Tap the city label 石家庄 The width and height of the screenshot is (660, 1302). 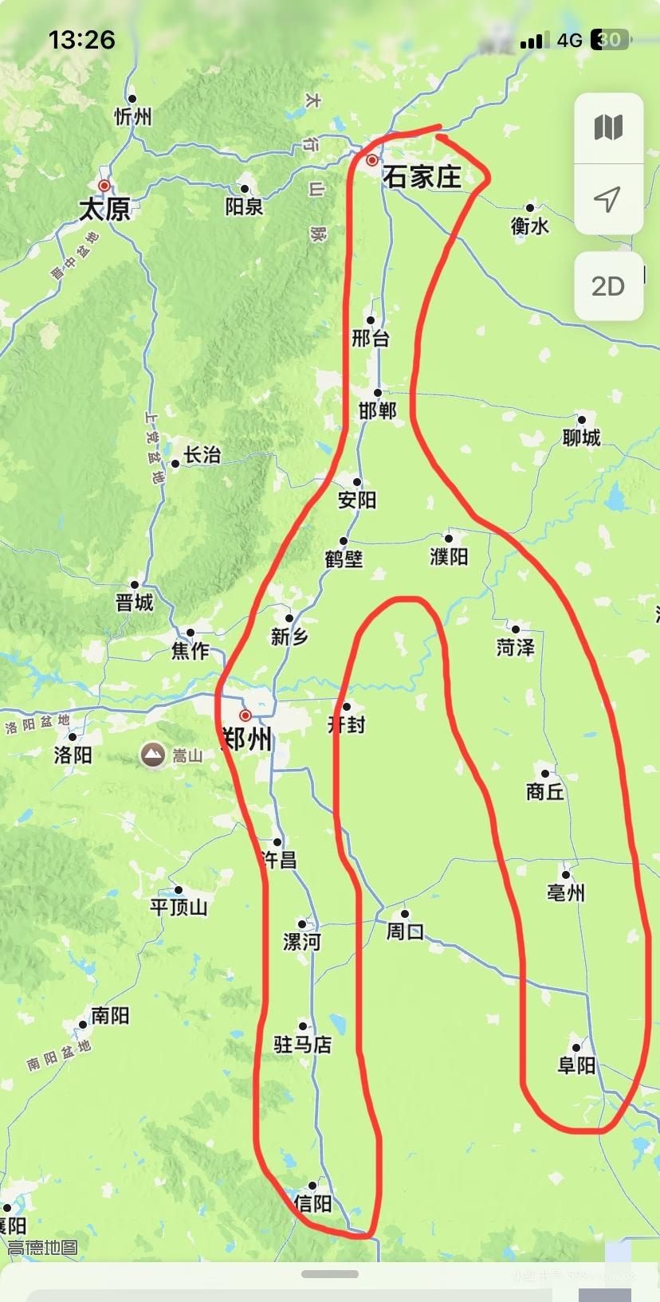tap(422, 177)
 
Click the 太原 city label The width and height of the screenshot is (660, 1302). tap(104, 209)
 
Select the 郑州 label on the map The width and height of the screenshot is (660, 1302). tap(247, 739)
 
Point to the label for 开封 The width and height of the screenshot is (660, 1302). tap(347, 724)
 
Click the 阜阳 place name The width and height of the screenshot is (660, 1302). tap(576, 1065)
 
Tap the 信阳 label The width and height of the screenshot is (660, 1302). tap(312, 1203)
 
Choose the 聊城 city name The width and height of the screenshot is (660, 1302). tap(581, 437)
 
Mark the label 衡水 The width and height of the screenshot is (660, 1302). tap(530, 226)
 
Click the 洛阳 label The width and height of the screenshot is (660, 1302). tap(73, 754)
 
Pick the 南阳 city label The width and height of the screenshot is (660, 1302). tap(110, 1015)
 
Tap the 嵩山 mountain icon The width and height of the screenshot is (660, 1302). tap(152, 755)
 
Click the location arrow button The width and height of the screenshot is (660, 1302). tap(608, 199)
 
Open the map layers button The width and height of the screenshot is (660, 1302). tap(608, 127)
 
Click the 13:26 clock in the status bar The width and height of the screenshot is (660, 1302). tap(81, 40)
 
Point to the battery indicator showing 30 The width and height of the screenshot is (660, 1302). tap(610, 40)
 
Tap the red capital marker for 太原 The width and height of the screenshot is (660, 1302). tap(104, 186)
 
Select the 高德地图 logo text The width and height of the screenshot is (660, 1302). tap(43, 1247)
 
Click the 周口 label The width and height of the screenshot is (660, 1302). tap(405, 931)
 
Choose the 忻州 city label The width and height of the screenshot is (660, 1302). tap(133, 116)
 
